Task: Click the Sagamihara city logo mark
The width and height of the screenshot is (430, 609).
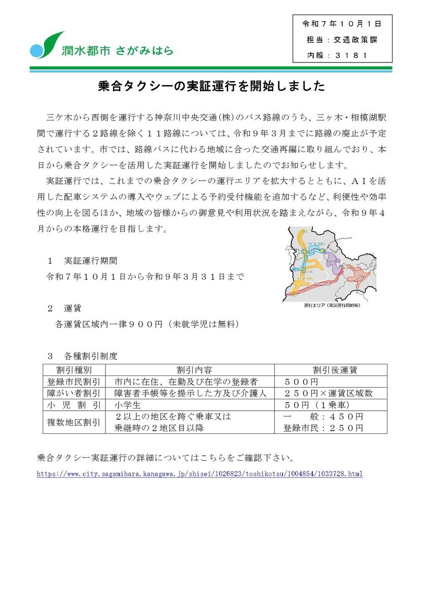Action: pos(47,45)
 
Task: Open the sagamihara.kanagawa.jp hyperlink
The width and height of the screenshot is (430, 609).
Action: pos(200,474)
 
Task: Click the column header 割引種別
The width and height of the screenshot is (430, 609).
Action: pos(74,370)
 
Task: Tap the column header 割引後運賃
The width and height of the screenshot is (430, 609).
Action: pos(331,370)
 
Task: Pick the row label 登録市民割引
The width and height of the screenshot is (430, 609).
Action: pos(74,382)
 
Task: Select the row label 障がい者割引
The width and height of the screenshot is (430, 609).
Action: pos(74,393)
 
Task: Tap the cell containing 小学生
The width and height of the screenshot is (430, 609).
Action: pos(127,405)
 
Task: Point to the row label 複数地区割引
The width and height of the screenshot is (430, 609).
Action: pos(74,422)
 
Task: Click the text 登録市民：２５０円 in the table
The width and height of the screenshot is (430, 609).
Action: pos(323,428)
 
